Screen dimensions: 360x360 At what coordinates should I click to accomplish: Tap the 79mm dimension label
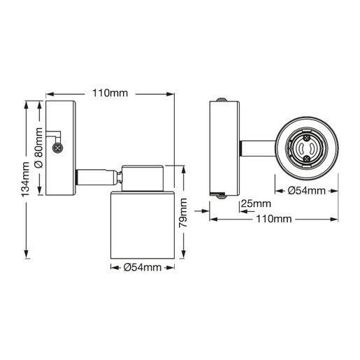pyautogui.click(x=183, y=214)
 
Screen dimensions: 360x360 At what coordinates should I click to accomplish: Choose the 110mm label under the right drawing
pyautogui.click(x=274, y=219)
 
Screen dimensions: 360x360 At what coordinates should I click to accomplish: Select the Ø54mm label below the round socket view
pyautogui.click(x=307, y=191)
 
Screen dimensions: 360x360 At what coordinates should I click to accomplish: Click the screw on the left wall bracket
pyautogui.click(x=57, y=147)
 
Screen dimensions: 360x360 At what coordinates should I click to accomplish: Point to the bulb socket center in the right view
pyautogui.click(x=307, y=148)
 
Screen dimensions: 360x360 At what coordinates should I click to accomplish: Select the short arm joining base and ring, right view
pyautogui.click(x=258, y=148)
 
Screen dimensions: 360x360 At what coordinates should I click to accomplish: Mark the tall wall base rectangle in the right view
pyautogui.click(x=226, y=148)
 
